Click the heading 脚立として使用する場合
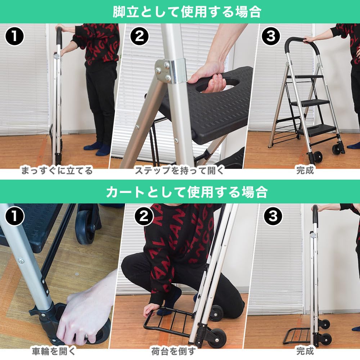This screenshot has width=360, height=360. click(x=187, y=12)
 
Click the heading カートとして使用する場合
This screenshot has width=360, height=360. click(x=187, y=192)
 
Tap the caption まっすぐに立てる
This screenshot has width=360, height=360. click(x=57, y=171)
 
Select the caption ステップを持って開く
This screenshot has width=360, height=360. click(x=179, y=171)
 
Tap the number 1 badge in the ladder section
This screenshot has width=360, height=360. click(x=14, y=36)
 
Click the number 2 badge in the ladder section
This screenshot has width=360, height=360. click(x=139, y=36)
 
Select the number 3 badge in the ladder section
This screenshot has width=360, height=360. click(x=271, y=36)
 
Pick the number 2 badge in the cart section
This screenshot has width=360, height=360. click(x=144, y=216)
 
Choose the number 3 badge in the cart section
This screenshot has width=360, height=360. click(x=273, y=216)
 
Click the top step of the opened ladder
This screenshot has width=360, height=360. click(x=306, y=77)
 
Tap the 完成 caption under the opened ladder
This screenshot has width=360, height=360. click(x=305, y=171)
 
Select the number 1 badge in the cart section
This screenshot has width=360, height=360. click(x=14, y=216)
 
